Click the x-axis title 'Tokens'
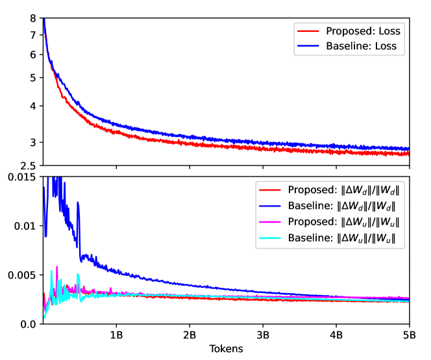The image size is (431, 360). (226, 348)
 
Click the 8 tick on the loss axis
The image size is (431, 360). (32, 19)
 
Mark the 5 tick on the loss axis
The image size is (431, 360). (32, 77)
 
